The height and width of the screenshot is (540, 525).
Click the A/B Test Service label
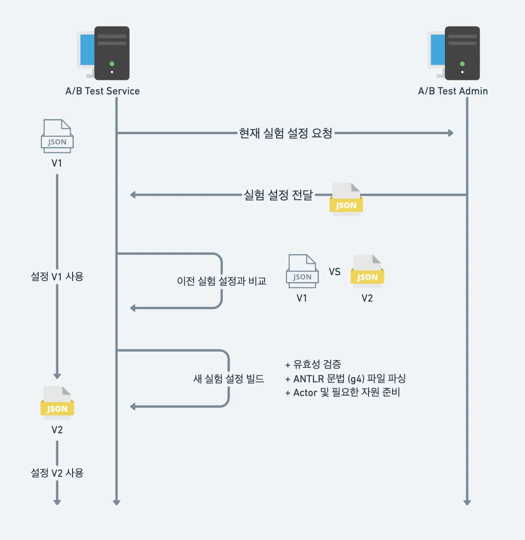click(x=102, y=91)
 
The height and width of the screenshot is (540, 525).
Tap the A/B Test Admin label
click(x=453, y=91)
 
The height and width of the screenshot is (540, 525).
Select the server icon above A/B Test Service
click(x=103, y=53)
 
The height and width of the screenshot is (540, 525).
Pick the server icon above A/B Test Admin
click(x=453, y=53)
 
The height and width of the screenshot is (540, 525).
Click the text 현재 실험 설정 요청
click(x=286, y=133)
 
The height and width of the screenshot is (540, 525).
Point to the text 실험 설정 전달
click(x=278, y=195)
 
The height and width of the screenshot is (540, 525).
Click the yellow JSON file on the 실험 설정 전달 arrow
click(x=346, y=199)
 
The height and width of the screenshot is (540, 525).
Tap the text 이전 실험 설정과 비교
click(x=222, y=281)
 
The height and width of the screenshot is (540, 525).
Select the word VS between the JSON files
click(x=335, y=272)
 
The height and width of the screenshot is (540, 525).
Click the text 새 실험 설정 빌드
click(x=229, y=379)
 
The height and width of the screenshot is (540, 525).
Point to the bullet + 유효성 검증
click(x=313, y=364)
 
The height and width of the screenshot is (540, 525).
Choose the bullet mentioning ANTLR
click(x=345, y=379)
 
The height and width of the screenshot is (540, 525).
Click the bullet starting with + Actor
click(x=343, y=393)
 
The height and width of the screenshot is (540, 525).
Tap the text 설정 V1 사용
click(x=57, y=277)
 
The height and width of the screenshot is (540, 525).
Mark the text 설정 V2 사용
click(x=57, y=473)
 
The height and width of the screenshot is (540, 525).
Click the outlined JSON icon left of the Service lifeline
click(x=57, y=136)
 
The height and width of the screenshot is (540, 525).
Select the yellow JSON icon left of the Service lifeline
click(x=57, y=403)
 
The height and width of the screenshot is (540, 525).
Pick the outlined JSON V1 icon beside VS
click(x=302, y=271)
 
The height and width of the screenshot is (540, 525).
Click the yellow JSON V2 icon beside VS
click(x=367, y=271)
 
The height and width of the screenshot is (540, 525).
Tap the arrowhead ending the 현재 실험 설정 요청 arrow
click(x=451, y=133)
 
